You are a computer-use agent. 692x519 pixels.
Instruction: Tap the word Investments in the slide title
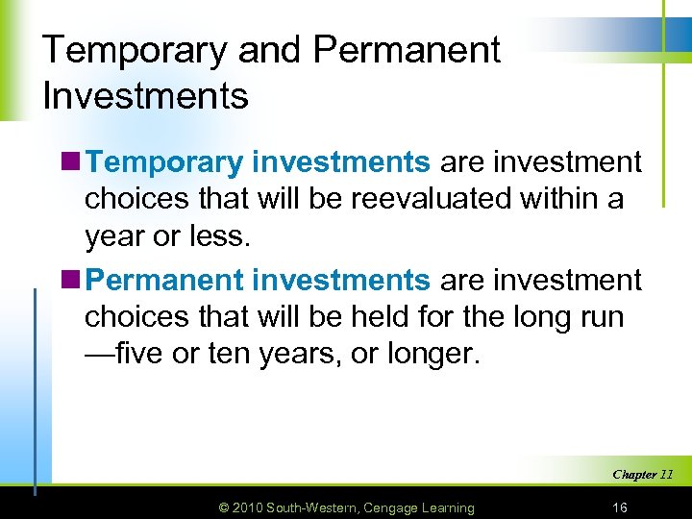[x=145, y=96]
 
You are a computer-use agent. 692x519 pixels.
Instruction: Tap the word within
[x=565, y=200]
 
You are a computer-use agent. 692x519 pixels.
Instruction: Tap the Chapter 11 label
[x=642, y=474]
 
